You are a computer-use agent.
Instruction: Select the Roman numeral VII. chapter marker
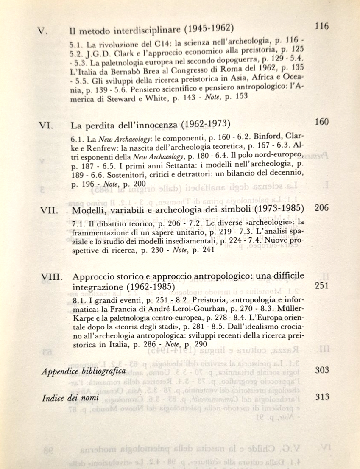click(45, 211)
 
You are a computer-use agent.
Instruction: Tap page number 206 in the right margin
click(322, 208)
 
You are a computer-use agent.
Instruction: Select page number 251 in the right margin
click(322, 285)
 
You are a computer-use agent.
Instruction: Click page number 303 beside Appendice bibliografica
click(323, 370)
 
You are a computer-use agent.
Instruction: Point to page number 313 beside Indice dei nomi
click(323, 397)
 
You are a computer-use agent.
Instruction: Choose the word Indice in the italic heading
click(53, 399)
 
